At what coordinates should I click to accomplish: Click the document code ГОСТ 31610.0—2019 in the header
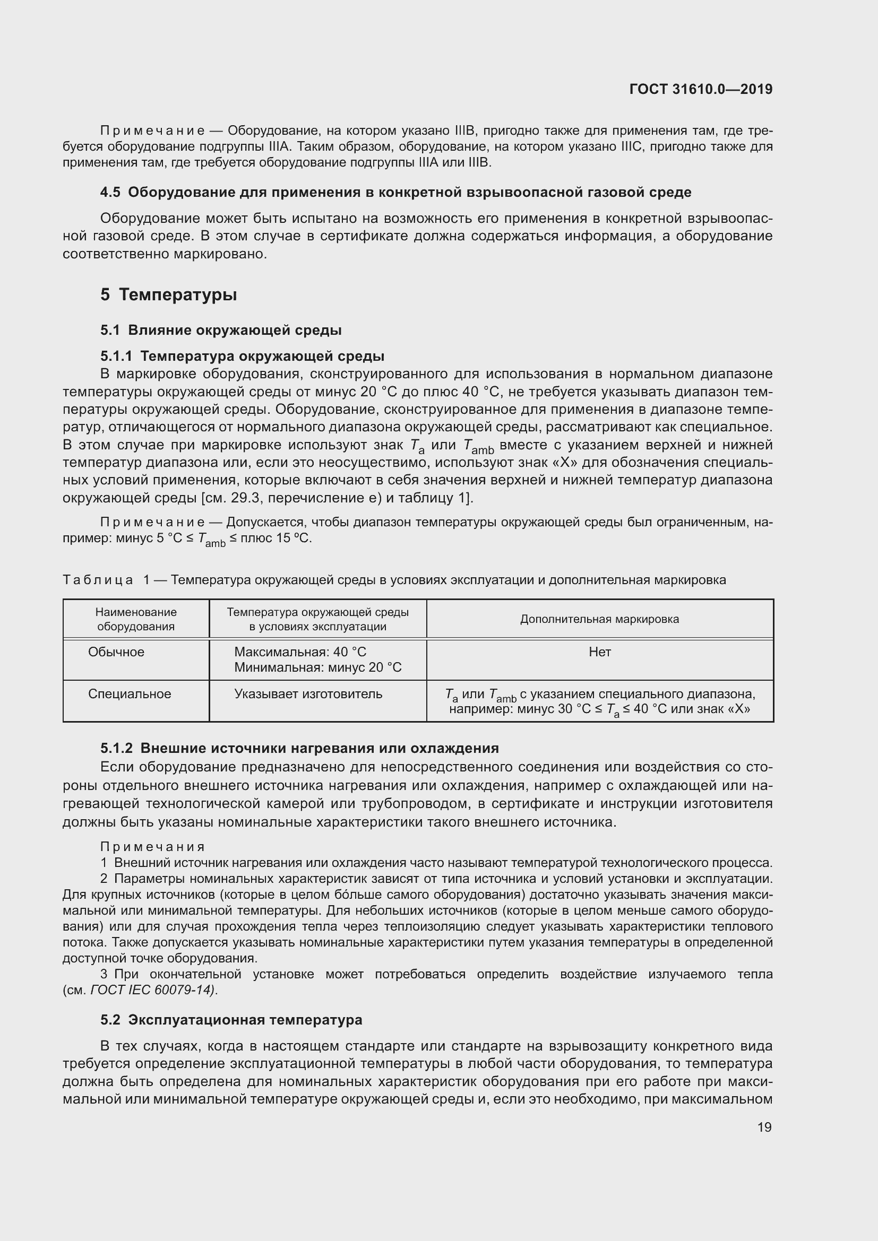(x=701, y=89)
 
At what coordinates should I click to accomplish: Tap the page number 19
(x=764, y=1127)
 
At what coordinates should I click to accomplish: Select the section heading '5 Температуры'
(x=169, y=294)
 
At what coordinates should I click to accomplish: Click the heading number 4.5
(x=110, y=193)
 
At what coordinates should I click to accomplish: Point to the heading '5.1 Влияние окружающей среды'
(x=221, y=330)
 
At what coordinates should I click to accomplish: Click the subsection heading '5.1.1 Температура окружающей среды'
(x=242, y=356)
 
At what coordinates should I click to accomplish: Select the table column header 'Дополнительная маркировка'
(x=599, y=619)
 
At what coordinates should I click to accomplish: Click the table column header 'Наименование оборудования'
(x=136, y=619)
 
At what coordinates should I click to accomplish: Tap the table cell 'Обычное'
(x=116, y=652)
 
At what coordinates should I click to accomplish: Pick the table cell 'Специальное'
(x=129, y=694)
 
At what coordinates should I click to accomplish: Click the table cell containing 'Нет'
(x=599, y=653)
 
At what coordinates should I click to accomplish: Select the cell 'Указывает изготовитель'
(x=308, y=694)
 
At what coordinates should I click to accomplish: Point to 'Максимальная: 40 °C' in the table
(x=300, y=653)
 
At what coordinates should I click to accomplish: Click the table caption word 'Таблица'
(x=98, y=580)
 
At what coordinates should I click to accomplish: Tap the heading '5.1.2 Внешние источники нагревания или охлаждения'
(x=299, y=749)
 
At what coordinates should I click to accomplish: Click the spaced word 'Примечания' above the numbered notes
(x=152, y=846)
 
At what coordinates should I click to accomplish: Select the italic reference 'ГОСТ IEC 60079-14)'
(x=153, y=990)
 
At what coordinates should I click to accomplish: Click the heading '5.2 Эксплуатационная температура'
(x=231, y=1020)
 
